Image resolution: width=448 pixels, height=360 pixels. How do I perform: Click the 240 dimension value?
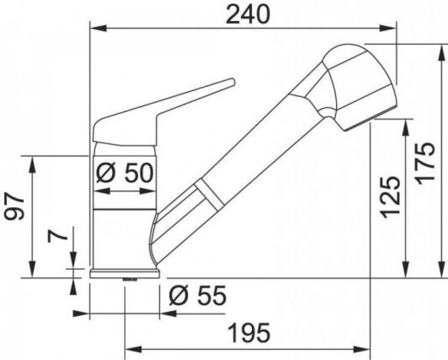(247, 15)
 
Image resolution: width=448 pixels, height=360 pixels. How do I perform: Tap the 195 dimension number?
(250, 333)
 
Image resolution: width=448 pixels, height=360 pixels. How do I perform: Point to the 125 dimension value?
(390, 197)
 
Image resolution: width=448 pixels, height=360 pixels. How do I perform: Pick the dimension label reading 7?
(58, 236)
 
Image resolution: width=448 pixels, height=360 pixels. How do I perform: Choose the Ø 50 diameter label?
(125, 173)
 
